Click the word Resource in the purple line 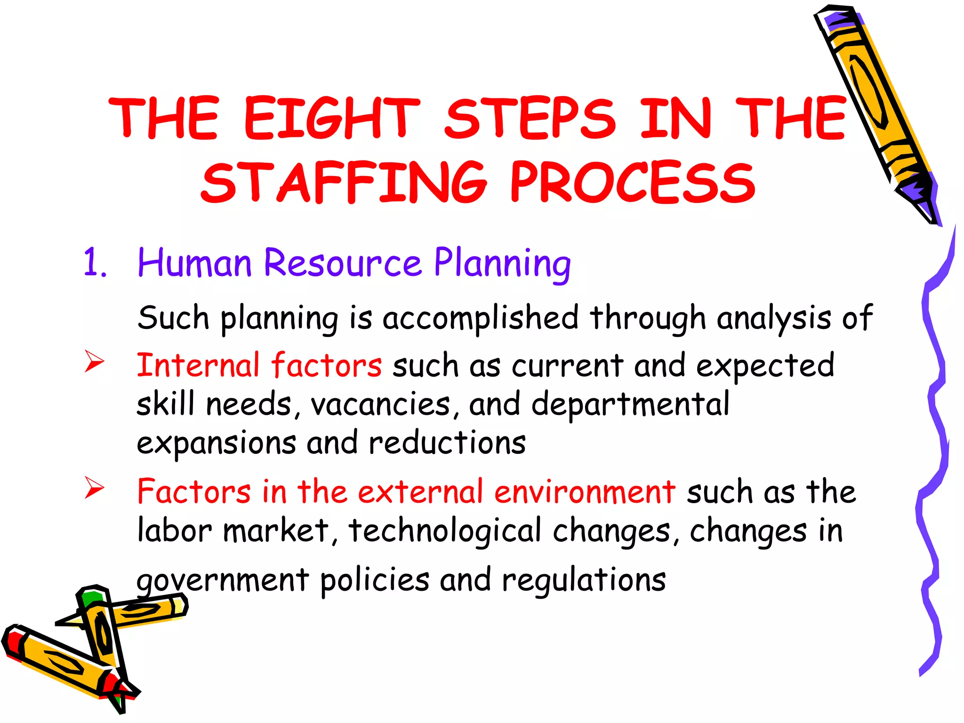(x=343, y=263)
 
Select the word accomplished (x=480, y=318)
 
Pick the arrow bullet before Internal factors (x=94, y=361)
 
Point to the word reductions (x=447, y=443)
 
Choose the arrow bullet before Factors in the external (x=94, y=488)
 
